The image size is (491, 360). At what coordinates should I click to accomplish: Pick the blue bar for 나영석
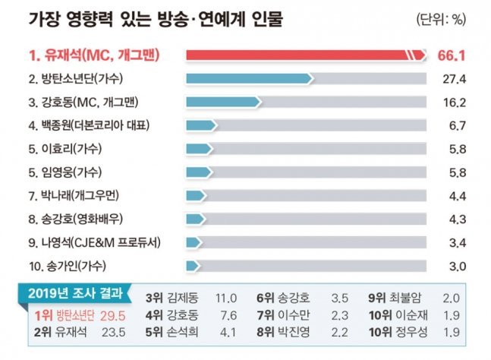(x=194, y=243)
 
